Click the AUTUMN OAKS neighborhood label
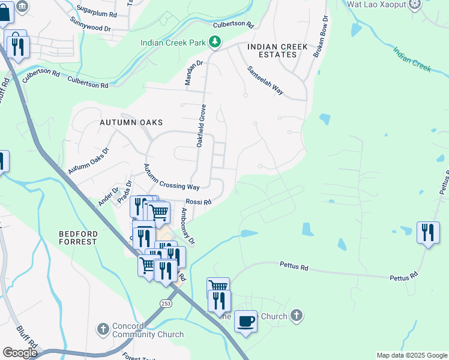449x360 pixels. point(131,122)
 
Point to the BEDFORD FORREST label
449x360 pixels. point(77,237)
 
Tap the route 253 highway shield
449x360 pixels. point(165,304)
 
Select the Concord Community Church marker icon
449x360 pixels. point(103,329)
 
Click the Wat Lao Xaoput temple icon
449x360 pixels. point(414,5)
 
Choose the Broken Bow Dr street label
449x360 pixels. point(321,37)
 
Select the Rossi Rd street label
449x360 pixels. point(198,202)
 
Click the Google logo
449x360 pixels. point(20,352)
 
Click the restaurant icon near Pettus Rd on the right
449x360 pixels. point(428,232)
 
